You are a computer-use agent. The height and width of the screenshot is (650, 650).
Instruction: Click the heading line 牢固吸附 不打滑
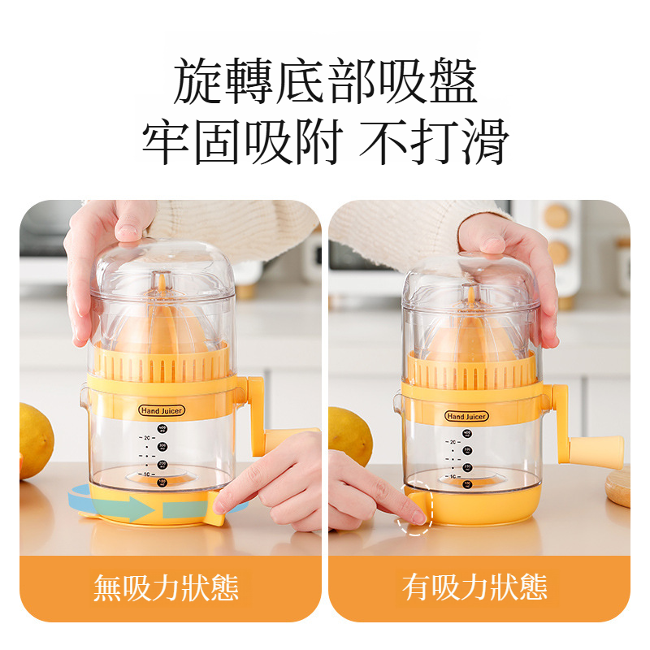325,142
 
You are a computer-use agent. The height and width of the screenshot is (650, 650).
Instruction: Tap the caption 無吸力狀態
166,587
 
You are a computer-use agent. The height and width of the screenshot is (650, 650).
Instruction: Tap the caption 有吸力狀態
475,587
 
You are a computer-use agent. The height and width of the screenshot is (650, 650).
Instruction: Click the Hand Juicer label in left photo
162,411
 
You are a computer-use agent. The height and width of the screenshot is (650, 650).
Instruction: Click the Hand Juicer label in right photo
466,416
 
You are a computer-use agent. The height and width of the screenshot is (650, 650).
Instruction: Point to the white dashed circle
416,514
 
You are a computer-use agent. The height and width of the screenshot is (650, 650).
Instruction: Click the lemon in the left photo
34,439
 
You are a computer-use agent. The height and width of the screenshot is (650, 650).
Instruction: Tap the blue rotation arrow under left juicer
122,510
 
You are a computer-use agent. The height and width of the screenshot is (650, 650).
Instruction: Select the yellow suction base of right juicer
487,508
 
